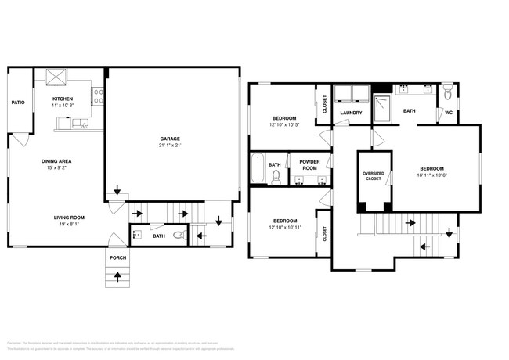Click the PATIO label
(18, 103)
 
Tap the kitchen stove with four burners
(99, 95)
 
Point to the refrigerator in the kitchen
(56, 77)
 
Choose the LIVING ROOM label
(69, 218)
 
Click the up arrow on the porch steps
(117, 275)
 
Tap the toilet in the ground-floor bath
(179, 235)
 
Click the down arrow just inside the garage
(117, 190)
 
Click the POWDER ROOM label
(309, 166)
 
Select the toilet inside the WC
(447, 94)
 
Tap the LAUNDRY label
(350, 113)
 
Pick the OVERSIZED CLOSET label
(373, 176)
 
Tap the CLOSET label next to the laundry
(324, 104)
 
